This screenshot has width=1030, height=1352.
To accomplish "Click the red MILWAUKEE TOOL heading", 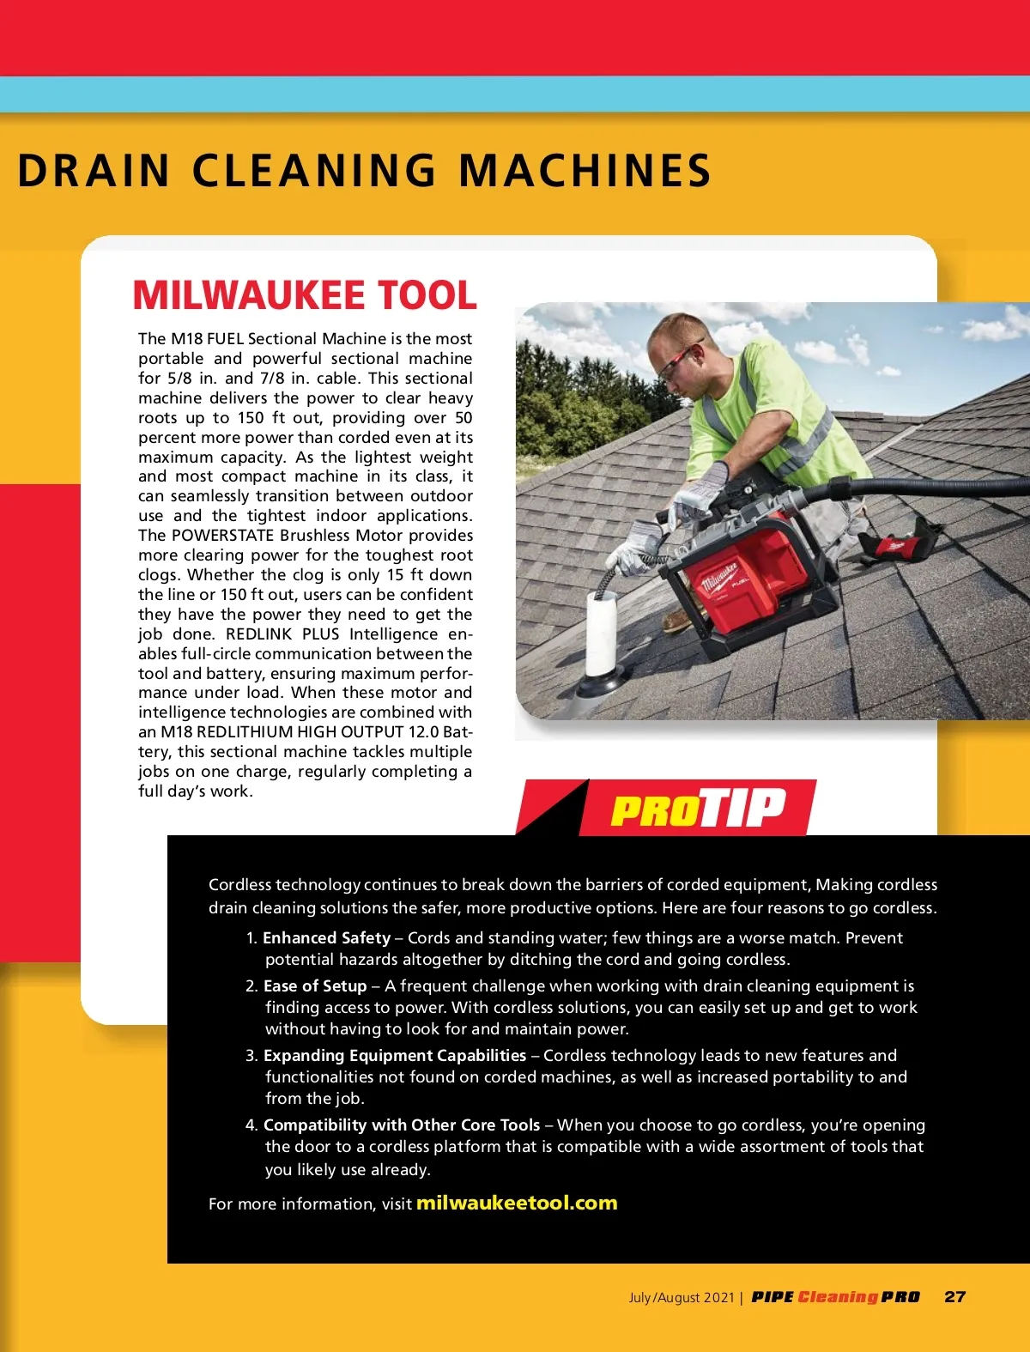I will (305, 295).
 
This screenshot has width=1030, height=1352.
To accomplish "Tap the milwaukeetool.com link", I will (517, 1203).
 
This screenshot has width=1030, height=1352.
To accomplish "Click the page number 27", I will (954, 1297).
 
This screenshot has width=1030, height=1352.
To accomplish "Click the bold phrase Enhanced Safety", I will (326, 938).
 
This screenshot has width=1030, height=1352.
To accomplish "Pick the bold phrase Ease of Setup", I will (315, 986).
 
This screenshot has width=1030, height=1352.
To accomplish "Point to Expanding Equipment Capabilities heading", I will (395, 1056).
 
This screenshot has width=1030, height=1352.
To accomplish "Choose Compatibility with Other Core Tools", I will (402, 1125).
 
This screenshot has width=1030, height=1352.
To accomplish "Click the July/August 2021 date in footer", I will (682, 1298).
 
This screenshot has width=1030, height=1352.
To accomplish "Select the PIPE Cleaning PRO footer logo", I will (835, 1297).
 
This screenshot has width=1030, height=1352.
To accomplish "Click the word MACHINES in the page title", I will (585, 170).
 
